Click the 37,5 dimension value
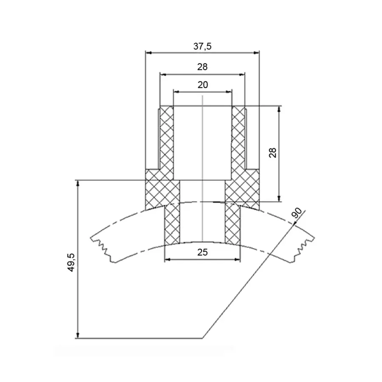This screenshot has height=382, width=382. pos(202,46)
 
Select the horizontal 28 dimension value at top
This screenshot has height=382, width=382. pos(202,67)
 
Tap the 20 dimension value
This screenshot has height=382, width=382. pos(203,85)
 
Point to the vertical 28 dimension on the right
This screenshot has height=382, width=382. pos(273,152)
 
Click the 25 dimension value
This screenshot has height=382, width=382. pos(202,253)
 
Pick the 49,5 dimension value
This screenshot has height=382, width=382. pos(71,262)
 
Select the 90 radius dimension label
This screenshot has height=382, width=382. pos(297,213)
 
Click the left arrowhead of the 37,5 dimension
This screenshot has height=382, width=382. pos(149,53)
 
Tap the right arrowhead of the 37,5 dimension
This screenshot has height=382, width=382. pos(256,53)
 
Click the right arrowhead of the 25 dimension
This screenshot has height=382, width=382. pos(237,260)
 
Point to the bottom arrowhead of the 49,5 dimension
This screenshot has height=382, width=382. pos(78,335)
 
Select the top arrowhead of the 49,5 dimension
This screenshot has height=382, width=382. pos(78,183)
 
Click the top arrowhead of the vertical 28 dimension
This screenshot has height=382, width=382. pos(279,109)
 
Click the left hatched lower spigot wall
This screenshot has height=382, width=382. pos(172,224)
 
